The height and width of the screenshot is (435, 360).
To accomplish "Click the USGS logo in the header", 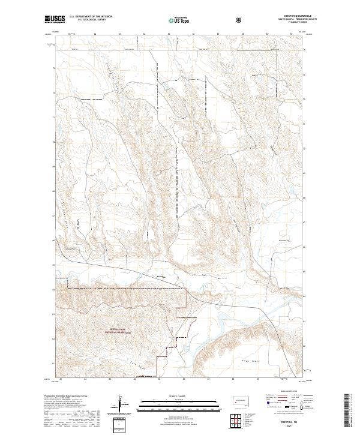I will pos(56,20).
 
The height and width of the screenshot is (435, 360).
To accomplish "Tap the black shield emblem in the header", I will pos(240,20).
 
